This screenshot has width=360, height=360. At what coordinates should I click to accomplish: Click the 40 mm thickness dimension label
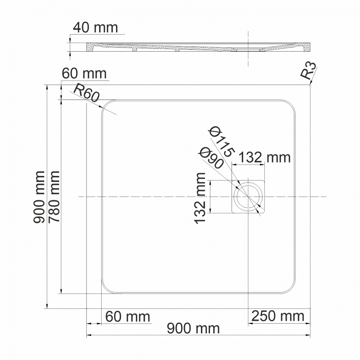95,28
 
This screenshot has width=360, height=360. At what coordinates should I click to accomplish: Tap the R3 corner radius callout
308,72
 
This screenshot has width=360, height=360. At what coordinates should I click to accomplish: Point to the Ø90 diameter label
210,158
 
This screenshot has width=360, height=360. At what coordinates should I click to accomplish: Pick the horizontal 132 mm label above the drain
264,158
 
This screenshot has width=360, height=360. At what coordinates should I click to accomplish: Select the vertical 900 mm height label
39,197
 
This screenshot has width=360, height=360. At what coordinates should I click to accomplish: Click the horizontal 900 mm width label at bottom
193,328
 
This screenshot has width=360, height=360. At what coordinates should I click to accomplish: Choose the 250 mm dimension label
278,316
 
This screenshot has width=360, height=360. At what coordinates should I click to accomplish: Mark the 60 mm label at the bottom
128,317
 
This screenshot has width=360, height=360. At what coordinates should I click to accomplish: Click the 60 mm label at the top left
84,73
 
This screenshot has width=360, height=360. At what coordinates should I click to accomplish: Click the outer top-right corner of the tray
310,85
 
